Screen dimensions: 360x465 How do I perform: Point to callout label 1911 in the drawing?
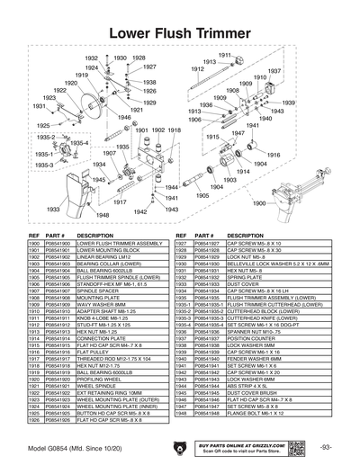[225, 56]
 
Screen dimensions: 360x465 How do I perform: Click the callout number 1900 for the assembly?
[258, 203]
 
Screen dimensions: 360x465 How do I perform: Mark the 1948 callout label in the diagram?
[103, 216]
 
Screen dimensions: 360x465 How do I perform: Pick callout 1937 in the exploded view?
[274, 71]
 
